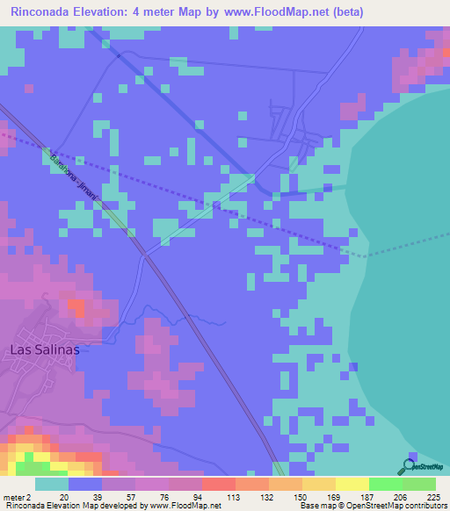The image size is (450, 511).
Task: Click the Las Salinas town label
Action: tap(44, 349)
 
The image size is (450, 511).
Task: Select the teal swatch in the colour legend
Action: tap(52, 484)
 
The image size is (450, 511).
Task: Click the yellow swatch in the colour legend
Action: tap(352, 484)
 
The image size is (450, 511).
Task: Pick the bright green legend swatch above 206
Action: tap(385, 484)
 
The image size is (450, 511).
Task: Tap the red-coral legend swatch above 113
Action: tap(218, 484)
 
